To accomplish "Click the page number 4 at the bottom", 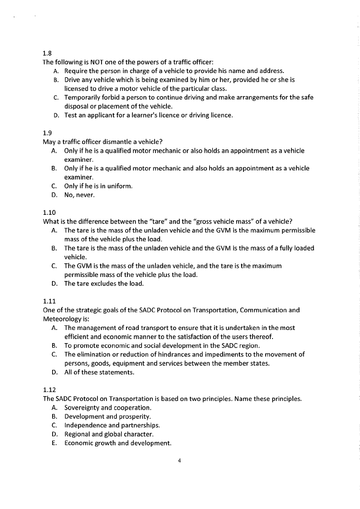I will [180, 461].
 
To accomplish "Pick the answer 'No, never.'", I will [79, 195].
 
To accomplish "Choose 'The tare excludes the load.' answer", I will [104, 284].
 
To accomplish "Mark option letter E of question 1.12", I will [54, 443].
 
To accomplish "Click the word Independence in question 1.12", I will [86, 425].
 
